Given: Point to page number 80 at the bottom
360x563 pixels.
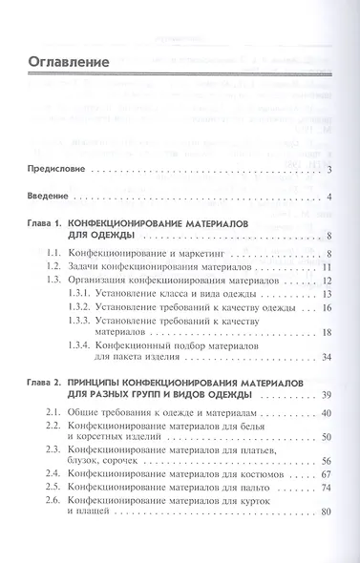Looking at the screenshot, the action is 326,514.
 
